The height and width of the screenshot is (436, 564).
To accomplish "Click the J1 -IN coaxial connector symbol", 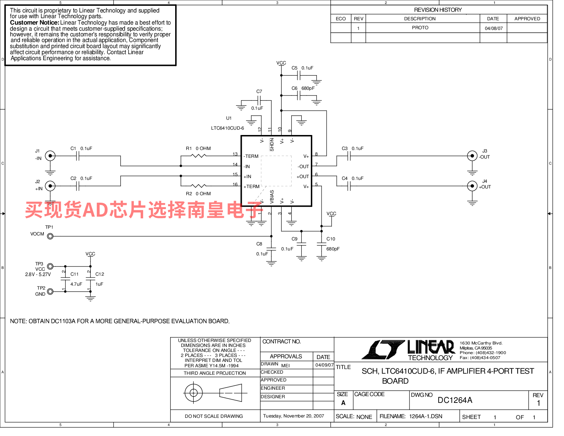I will pos(50,156).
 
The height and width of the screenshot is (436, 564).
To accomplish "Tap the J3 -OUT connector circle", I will pos(472,156).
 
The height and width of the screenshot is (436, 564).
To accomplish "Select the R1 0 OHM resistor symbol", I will pos(198,156).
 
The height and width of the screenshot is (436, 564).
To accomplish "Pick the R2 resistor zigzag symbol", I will pos(198,186).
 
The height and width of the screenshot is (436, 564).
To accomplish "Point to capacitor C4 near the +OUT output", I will pos(349,186).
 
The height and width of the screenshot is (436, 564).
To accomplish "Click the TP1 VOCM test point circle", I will pos(50,236).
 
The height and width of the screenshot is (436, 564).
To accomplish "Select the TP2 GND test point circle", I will pos(50,292).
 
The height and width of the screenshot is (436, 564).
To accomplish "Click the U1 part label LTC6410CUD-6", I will pos(228,128).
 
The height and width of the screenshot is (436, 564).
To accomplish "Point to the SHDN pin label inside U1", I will pos(272,145).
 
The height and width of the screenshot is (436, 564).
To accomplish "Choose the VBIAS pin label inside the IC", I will pos(272,197).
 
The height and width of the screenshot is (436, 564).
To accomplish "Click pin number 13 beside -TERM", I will pos(235,154).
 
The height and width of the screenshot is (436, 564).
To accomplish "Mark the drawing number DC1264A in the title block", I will pos(455,400).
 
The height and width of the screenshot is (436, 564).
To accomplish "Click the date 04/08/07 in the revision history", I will pos(493,28).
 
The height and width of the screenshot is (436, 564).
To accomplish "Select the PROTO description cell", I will pos(420,28).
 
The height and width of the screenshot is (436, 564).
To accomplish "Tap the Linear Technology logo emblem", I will pos(383,350).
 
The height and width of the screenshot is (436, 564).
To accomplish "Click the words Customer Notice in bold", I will pos(35,23).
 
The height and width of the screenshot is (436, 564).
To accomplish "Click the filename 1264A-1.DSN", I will pos(425,416).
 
